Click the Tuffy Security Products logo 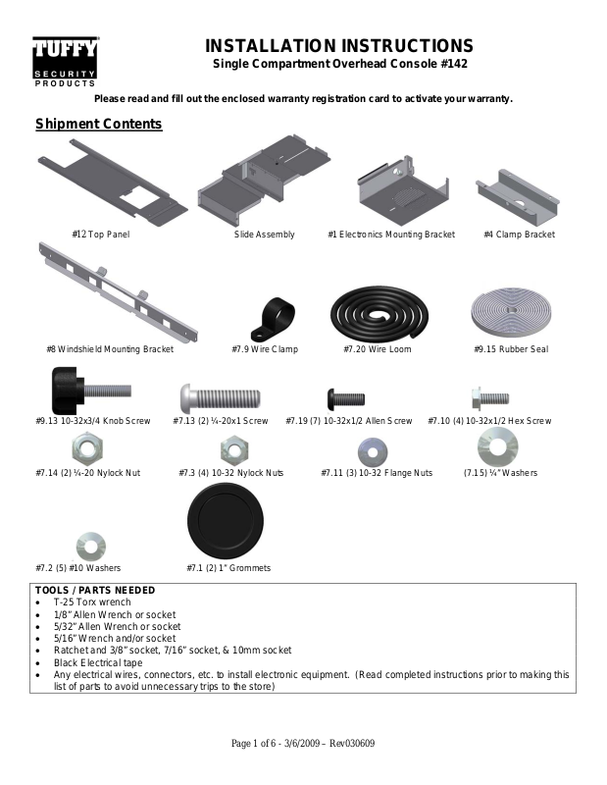pyautogui.click(x=64, y=62)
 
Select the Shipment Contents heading pyautogui.click(x=98, y=125)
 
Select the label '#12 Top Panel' pyautogui.click(x=101, y=235)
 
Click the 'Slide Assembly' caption pyautogui.click(x=265, y=235)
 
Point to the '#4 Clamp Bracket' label pyautogui.click(x=519, y=235)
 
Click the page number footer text pyautogui.click(x=302, y=743)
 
